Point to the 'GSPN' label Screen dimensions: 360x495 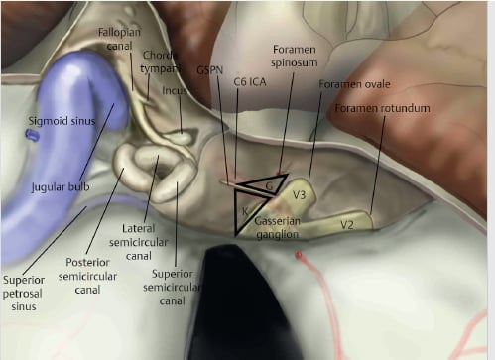[209, 71]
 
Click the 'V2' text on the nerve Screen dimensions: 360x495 [347, 225]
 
